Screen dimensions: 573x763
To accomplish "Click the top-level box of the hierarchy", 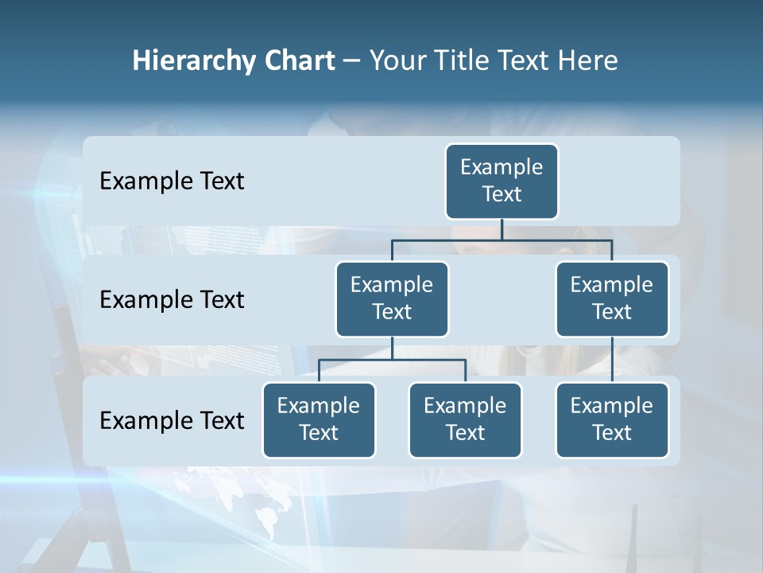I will (x=502, y=181).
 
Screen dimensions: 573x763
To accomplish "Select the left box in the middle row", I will (x=392, y=298).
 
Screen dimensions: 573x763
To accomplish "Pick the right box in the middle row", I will (x=612, y=298).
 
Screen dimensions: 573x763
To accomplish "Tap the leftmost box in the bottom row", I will (x=319, y=419).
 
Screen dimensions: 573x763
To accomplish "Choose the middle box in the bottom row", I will (x=465, y=419).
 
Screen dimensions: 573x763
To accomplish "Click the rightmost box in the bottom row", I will (x=612, y=419).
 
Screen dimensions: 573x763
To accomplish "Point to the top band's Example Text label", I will (x=172, y=181).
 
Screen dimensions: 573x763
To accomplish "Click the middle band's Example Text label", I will (x=172, y=300).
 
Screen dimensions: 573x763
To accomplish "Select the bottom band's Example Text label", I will (x=172, y=420).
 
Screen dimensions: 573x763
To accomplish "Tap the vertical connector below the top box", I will (x=502, y=229).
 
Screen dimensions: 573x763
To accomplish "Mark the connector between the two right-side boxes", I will (x=612, y=360).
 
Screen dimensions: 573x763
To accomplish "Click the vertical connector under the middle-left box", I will (x=392, y=348).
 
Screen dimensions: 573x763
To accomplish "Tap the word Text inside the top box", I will (x=502, y=194).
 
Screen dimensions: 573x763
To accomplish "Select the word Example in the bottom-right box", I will (x=612, y=406).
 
